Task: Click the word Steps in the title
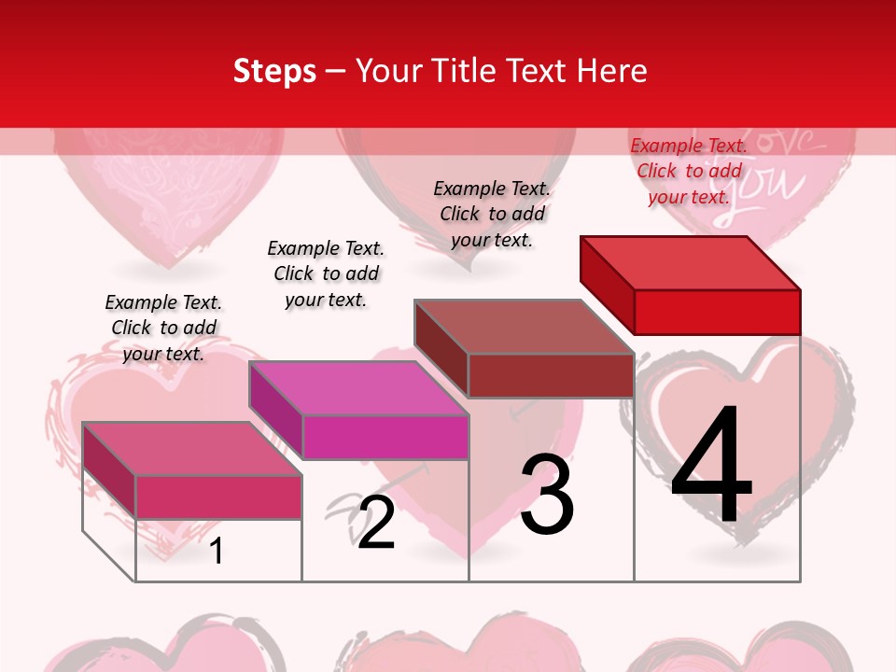tap(274, 71)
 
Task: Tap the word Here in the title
tap(612, 71)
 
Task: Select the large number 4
tap(711, 467)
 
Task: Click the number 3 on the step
tap(547, 495)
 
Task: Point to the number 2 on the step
tap(376, 523)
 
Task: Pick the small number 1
tap(216, 551)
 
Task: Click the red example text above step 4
tap(689, 171)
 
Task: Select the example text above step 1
tap(163, 328)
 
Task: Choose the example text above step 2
tap(326, 273)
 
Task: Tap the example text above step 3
tap(492, 214)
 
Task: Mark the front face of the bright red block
tap(717, 312)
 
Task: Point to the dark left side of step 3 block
tap(441, 347)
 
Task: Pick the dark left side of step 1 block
tap(109, 469)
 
